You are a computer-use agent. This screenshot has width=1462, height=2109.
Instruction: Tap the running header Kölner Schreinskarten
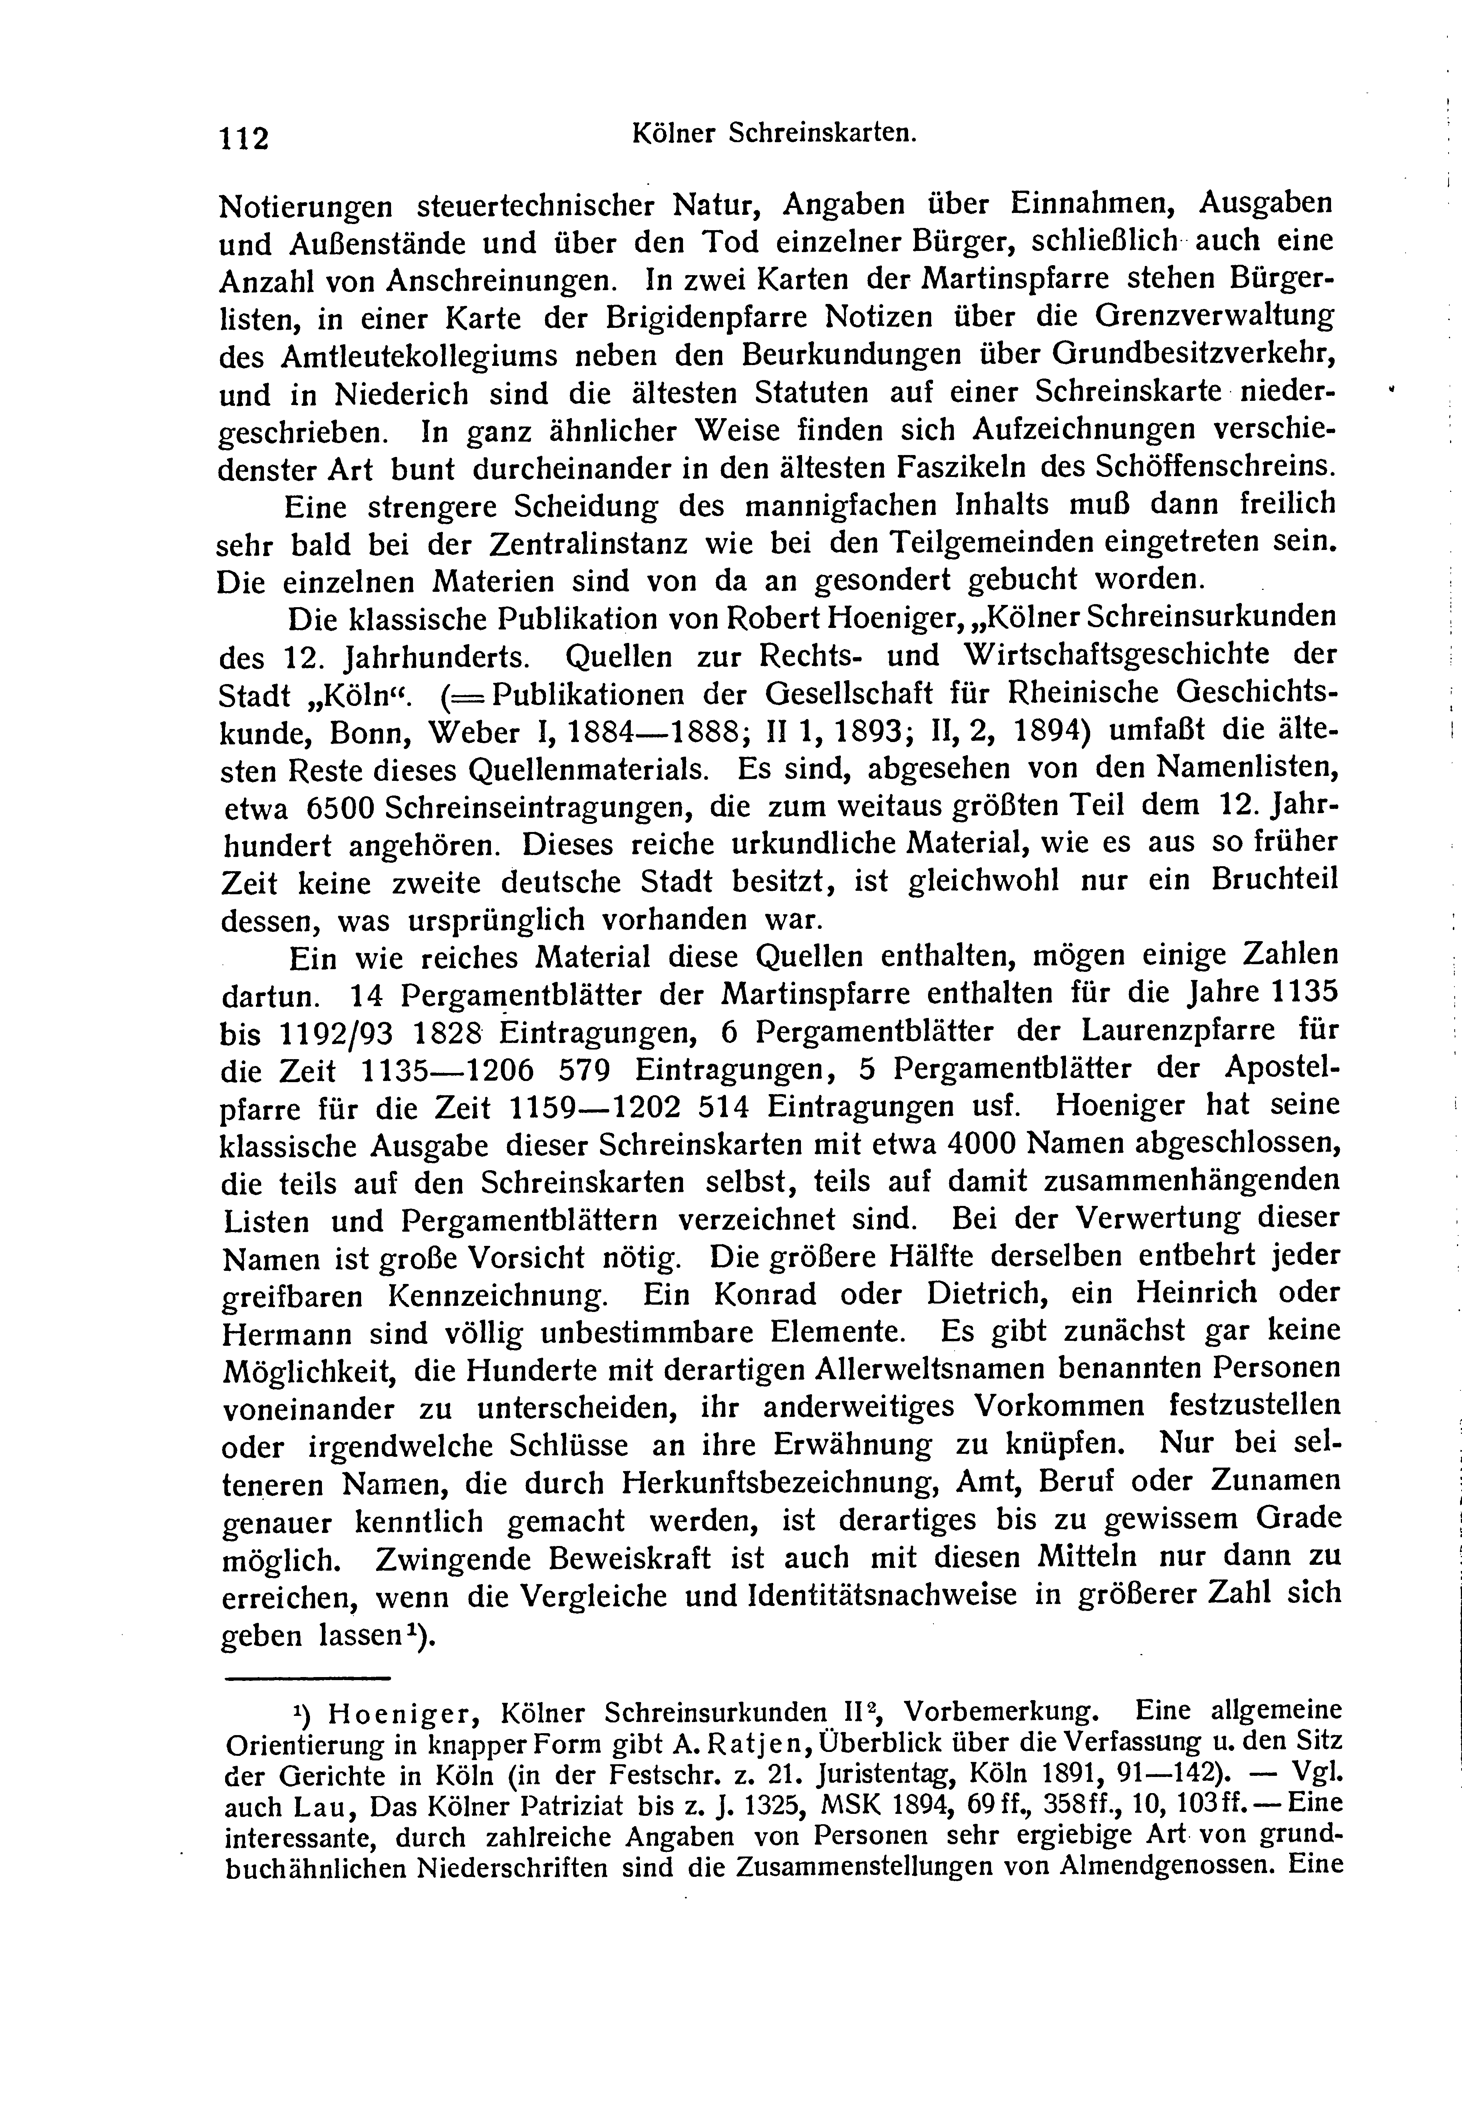pyautogui.click(x=774, y=134)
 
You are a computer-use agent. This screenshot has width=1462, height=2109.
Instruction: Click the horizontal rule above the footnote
pyautogui.click(x=307, y=1677)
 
